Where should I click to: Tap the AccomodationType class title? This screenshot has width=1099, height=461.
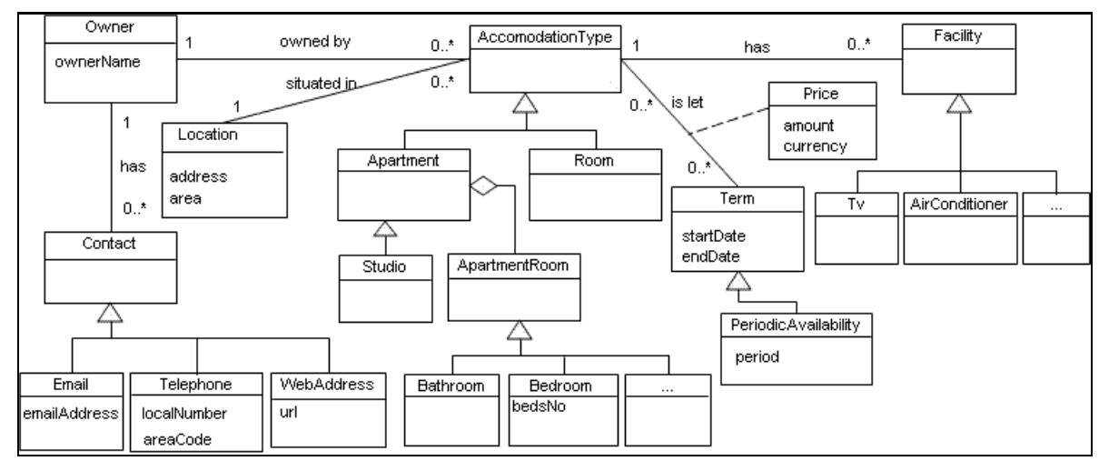point(544,37)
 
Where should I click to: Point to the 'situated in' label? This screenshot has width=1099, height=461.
point(319,83)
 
